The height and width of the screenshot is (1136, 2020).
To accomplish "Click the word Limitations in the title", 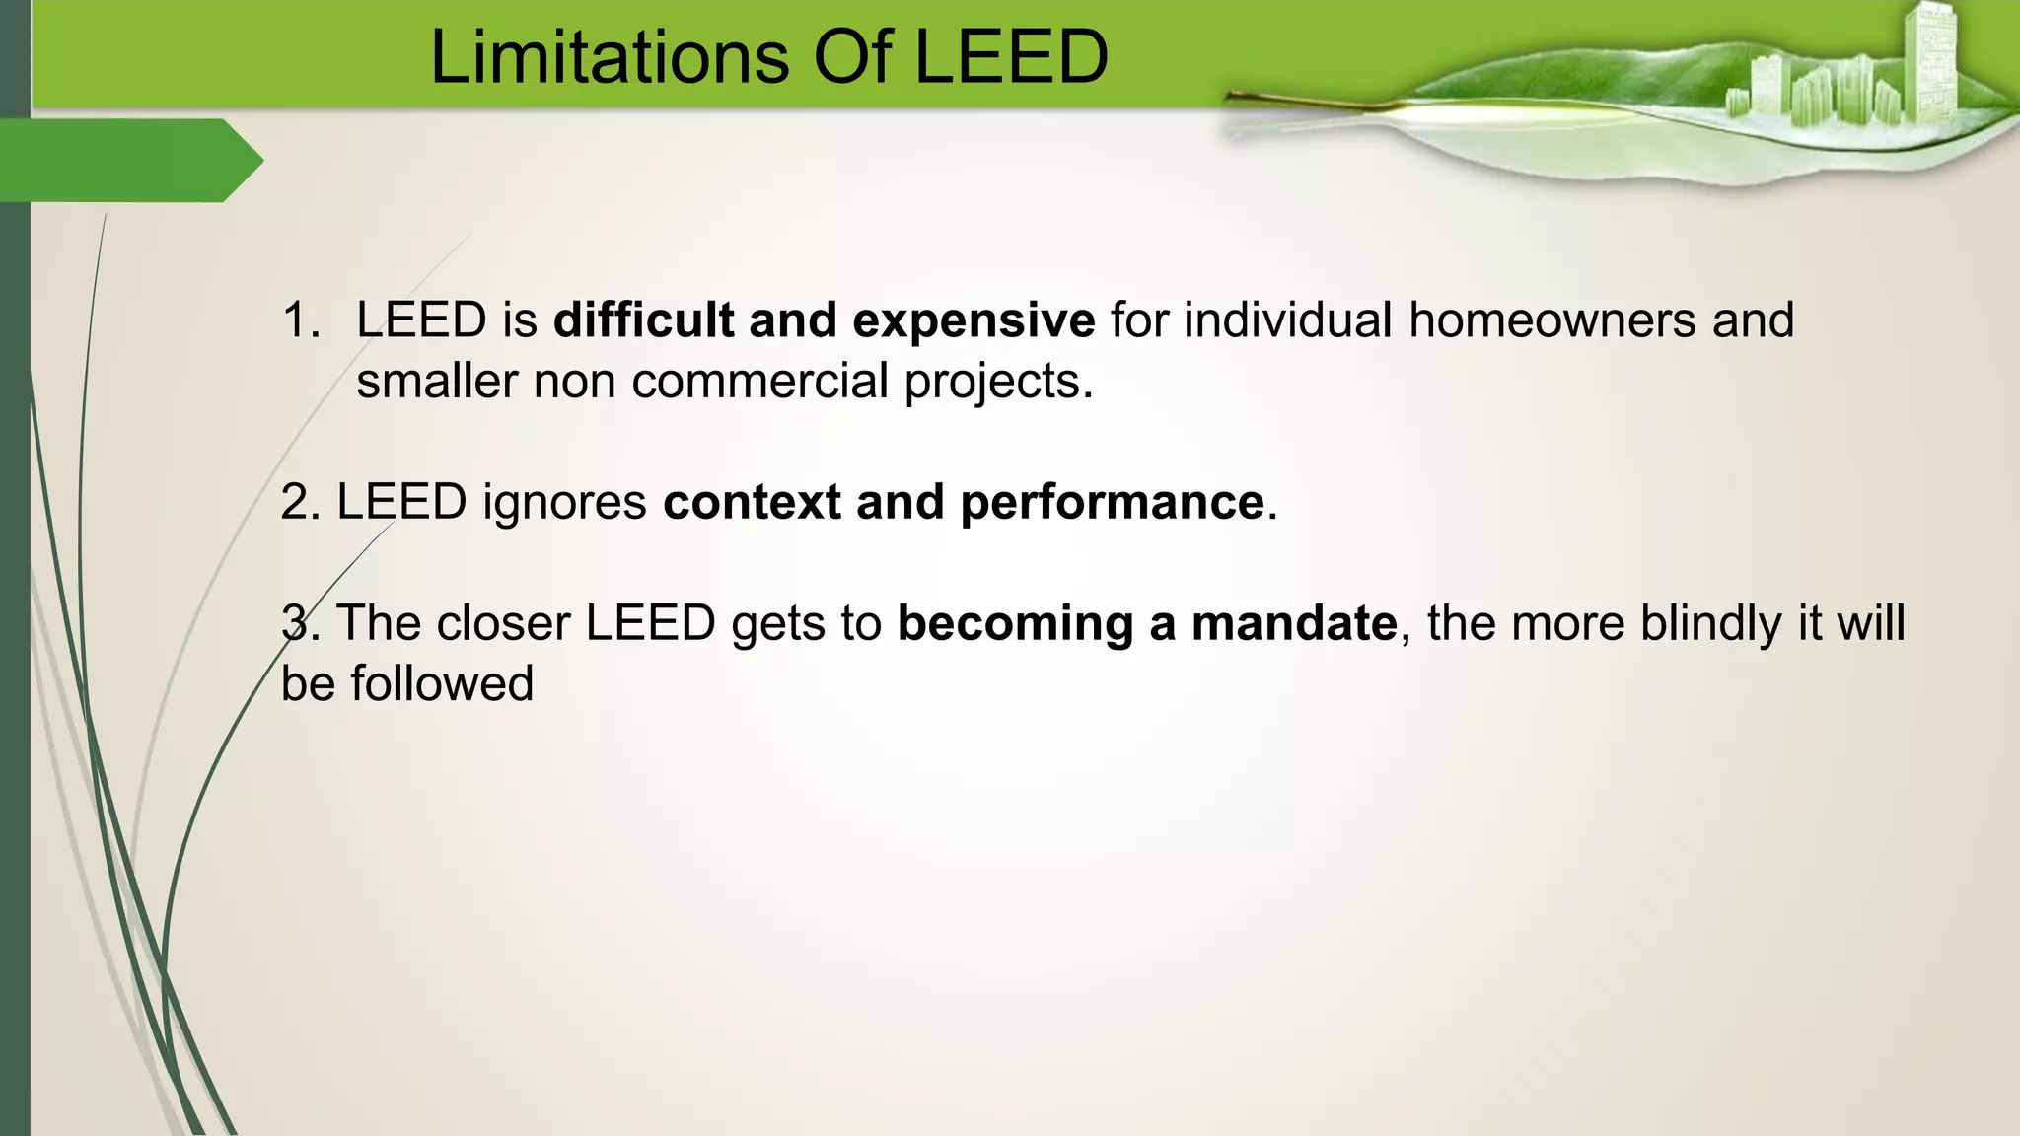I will (x=610, y=57).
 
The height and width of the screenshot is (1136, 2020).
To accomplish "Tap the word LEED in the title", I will (x=1012, y=57).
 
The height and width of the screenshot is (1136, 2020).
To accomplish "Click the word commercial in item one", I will (x=759, y=381).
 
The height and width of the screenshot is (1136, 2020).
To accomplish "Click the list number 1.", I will (x=299, y=320).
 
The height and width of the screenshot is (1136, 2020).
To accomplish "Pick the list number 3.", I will (x=296, y=623).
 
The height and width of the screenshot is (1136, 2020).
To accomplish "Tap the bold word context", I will (x=752, y=502).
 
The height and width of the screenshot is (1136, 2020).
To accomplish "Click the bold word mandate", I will (x=1293, y=623).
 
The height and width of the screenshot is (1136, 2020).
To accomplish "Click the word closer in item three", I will (x=503, y=623).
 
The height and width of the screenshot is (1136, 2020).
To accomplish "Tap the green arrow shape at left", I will (x=128, y=160).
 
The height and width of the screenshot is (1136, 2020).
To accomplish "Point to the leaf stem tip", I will (x=1231, y=96).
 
